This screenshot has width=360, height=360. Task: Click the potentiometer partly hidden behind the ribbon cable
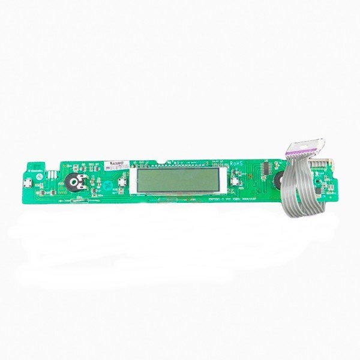278,178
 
